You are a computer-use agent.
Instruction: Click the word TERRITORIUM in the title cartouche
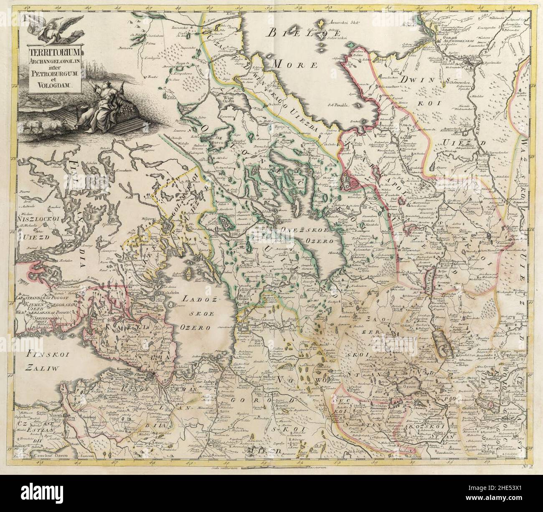pyautogui.click(x=51, y=53)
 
